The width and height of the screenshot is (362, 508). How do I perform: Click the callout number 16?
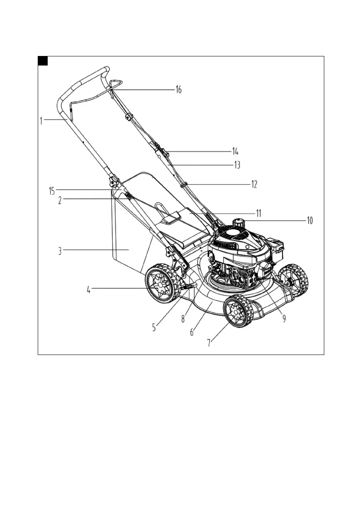pyautogui.click(x=178, y=90)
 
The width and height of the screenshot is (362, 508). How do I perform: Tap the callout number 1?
pyautogui.click(x=41, y=121)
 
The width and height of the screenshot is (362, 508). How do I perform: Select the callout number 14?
pyautogui.click(x=235, y=152)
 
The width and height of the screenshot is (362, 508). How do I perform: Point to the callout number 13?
pyautogui.click(x=237, y=165)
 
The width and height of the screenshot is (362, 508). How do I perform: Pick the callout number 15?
pyautogui.click(x=52, y=191)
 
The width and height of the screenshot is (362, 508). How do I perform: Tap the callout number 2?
pyautogui.click(x=60, y=200)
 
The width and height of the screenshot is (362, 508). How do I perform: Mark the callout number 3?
pyautogui.click(x=60, y=251)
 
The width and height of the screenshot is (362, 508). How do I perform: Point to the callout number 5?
pyautogui.click(x=154, y=327)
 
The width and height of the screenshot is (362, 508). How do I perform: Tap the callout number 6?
pyautogui.click(x=192, y=332)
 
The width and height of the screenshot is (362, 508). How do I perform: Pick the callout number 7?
pyautogui.click(x=210, y=343)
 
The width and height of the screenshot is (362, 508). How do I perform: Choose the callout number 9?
pyautogui.click(x=284, y=318)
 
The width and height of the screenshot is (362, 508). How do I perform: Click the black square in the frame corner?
pyautogui.click(x=43, y=61)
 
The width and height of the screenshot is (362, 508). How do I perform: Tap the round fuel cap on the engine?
pyautogui.click(x=238, y=223)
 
